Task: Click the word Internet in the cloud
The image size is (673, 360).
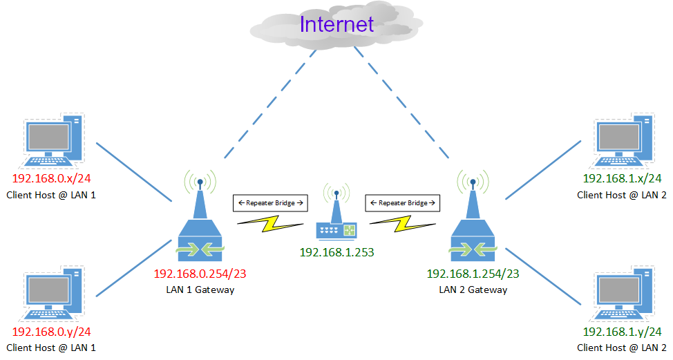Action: (336, 24)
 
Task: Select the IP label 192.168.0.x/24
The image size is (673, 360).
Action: (52, 178)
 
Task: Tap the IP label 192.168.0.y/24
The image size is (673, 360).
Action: (52, 332)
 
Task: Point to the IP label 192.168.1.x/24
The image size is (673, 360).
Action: (622, 178)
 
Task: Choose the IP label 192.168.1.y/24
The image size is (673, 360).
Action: (622, 332)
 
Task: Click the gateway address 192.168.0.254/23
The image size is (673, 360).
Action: (200, 273)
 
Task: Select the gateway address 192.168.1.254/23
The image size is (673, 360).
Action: (473, 273)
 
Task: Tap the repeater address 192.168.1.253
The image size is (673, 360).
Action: (336, 253)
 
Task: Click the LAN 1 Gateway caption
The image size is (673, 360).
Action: (200, 290)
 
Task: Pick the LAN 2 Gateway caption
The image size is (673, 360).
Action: (473, 290)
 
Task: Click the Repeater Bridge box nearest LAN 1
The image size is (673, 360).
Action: (271, 203)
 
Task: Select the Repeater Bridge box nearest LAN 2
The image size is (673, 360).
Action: (403, 203)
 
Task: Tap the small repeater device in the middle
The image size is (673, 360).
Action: (337, 221)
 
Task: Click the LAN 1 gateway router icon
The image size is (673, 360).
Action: (199, 221)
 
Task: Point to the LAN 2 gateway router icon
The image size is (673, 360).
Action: (473, 221)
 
